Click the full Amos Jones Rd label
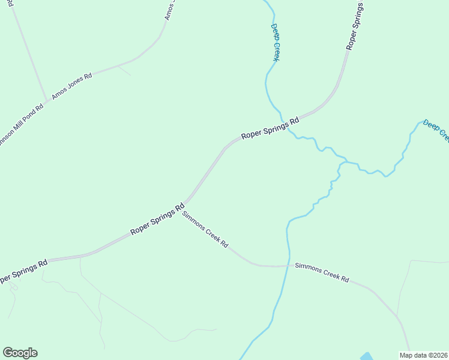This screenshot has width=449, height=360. click(x=71, y=86)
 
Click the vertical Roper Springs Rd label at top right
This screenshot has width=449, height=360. click(x=355, y=25)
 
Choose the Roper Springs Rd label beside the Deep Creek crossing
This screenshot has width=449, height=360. click(x=270, y=128)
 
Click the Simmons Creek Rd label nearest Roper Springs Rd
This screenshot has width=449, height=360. click(x=205, y=229)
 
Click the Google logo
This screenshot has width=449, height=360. click(x=20, y=353)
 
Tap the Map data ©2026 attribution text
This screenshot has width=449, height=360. click(x=423, y=355)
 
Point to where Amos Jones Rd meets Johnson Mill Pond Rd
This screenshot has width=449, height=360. click(x=47, y=100)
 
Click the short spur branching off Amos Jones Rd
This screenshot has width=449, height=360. click(x=124, y=70)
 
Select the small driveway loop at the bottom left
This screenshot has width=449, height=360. click(x=13, y=287)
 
